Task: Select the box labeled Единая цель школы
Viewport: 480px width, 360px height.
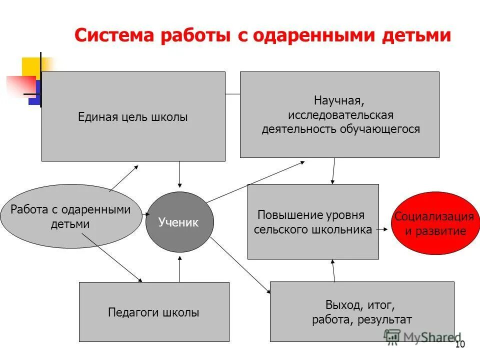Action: coord(133,116)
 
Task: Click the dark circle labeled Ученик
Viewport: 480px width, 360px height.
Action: coord(179,222)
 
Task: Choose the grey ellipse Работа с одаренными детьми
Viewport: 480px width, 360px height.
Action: coord(70,216)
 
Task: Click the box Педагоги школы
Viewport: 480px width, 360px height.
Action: coord(154,312)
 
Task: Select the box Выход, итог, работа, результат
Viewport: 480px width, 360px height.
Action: coord(362,311)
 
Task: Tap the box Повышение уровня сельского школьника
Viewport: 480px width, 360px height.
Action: coord(313,221)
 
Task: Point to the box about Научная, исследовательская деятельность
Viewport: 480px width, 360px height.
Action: coord(339,115)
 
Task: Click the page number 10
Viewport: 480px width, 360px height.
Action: coord(460,344)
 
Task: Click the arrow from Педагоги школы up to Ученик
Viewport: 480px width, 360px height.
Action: coord(179,268)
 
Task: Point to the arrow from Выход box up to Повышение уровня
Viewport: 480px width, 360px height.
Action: coord(333,270)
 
